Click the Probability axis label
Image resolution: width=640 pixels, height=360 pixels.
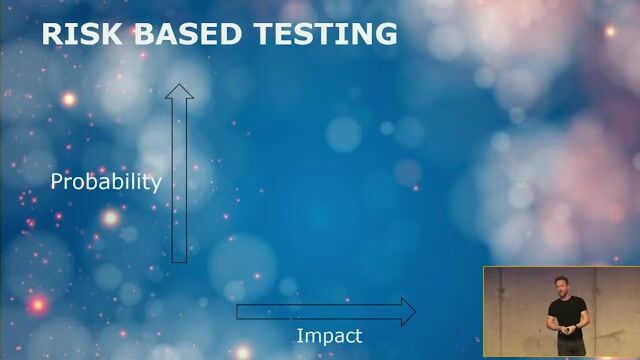tap(106, 182)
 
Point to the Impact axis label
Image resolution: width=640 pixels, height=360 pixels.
tap(329, 336)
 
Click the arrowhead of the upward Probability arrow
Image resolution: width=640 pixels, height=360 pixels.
tap(179, 93)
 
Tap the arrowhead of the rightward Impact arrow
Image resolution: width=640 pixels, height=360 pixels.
tap(407, 311)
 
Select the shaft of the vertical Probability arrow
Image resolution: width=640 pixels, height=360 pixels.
tap(179, 180)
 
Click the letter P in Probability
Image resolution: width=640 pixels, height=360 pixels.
tap(56, 182)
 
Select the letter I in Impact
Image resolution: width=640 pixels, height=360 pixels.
tap(299, 336)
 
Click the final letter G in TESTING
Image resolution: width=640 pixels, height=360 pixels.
tap(386, 33)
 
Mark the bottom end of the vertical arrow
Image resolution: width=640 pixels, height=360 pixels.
tap(179, 260)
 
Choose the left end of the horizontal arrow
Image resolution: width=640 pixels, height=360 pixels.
tap(238, 311)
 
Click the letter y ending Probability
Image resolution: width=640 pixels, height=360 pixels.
tap(155, 185)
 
